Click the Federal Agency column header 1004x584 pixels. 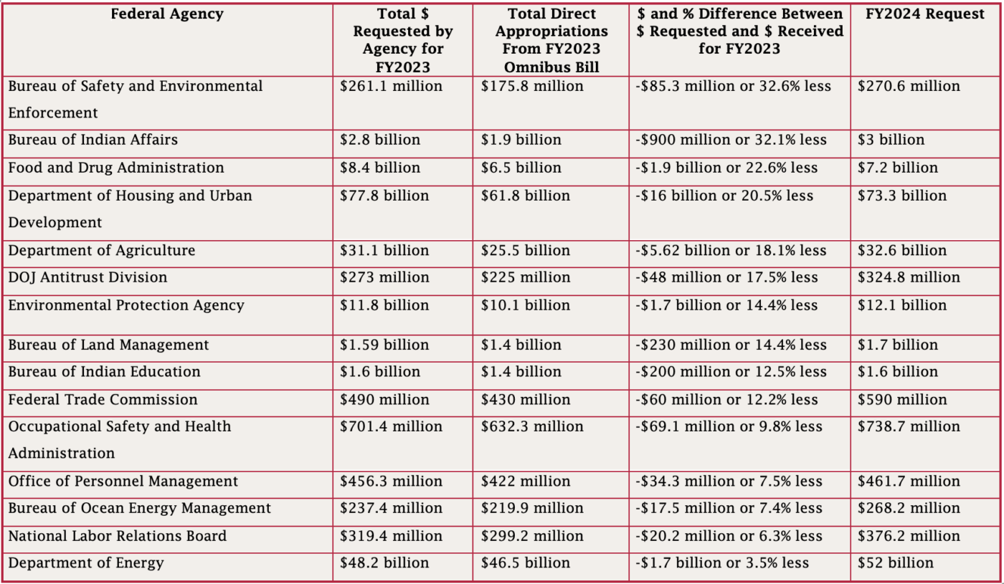point(167,14)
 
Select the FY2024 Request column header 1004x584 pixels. point(925,14)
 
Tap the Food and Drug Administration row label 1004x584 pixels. point(116,168)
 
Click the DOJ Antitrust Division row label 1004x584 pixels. point(87,277)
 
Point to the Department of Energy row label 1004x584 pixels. point(86,563)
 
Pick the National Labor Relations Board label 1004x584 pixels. point(118,536)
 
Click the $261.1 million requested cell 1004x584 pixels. point(391,86)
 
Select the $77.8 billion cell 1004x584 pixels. point(384,196)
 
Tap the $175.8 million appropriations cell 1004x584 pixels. point(532,86)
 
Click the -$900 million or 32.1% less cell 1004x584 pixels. point(731,140)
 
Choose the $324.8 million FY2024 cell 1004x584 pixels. point(909,277)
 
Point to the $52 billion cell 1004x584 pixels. point(896,563)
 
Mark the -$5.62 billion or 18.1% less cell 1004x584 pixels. point(731,250)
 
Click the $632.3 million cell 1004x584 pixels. point(532,426)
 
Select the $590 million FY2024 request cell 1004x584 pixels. point(902,400)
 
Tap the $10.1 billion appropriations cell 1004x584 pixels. point(525,305)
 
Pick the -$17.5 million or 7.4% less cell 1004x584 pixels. point(729,508)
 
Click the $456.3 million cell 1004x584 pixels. point(391,482)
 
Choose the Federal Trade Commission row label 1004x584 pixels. point(103,400)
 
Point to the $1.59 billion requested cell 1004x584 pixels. point(384,345)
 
